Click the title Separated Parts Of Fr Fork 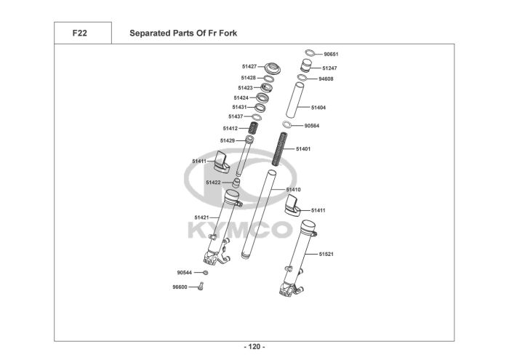183,33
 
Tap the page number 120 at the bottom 254,347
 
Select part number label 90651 331,55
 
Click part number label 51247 329,68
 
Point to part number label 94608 326,79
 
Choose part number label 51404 318,108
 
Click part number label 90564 312,126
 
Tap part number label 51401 302,149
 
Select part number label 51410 293,189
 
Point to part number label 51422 213,183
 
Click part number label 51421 201,217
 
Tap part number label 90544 184,273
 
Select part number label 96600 180,287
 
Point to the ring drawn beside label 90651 310,54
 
